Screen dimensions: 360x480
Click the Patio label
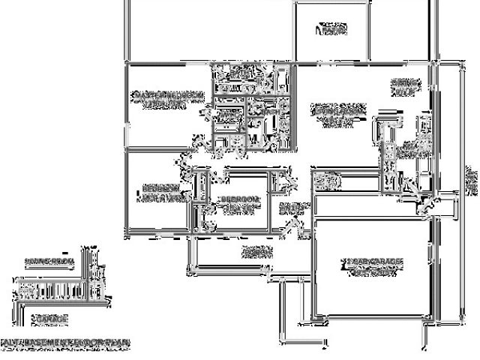pos(331,31)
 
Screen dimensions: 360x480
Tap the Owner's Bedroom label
pos(168,95)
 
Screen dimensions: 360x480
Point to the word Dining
pos(403,82)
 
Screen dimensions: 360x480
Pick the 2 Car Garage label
pos(373,262)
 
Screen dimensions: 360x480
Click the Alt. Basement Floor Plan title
pos(65,342)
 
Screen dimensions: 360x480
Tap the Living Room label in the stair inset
pos(46,262)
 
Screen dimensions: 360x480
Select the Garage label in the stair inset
pos(49,319)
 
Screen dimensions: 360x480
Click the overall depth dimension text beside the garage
pos(470,180)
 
